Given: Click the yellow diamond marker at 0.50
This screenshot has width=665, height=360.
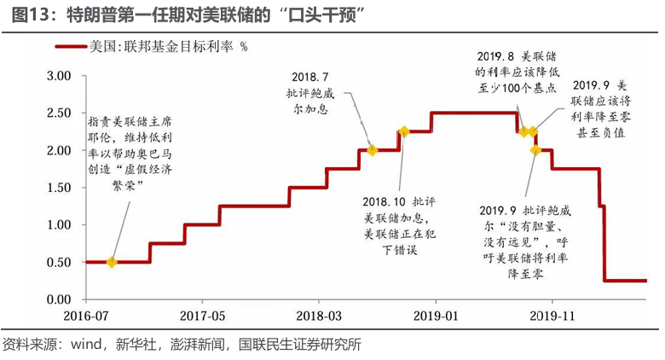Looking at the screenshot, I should tap(112, 262).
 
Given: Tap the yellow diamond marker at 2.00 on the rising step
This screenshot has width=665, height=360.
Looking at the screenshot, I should tap(372, 150).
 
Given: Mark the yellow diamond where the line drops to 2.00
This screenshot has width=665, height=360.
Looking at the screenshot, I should tap(535, 150).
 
